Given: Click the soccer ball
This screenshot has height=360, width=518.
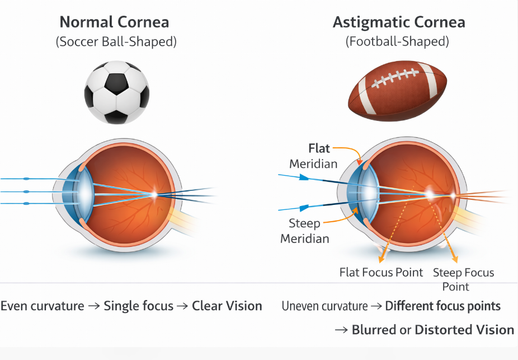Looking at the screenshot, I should click(117, 92).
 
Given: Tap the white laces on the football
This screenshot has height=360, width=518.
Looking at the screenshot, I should click(395, 80).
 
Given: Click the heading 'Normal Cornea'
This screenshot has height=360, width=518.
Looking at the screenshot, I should click(114, 22).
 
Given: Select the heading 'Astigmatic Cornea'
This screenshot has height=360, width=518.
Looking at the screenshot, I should click(399, 22).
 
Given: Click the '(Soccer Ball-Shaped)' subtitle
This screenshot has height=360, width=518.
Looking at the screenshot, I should click(116, 42).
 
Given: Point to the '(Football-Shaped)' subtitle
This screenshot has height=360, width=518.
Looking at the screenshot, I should click(398, 42).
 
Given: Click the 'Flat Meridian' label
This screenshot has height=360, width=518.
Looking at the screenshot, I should click(314, 156).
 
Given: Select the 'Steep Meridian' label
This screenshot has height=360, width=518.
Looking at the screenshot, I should click(305, 231).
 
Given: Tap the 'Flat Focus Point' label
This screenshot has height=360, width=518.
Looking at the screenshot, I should click(381, 273).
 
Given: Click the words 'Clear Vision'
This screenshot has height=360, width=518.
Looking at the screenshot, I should click(227, 306).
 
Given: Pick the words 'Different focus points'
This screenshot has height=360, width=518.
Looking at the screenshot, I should click(442, 306).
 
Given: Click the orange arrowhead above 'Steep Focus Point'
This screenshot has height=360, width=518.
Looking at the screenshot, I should click(454, 259).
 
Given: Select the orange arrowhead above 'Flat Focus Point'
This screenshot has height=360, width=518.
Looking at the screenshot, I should click(382, 259).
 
